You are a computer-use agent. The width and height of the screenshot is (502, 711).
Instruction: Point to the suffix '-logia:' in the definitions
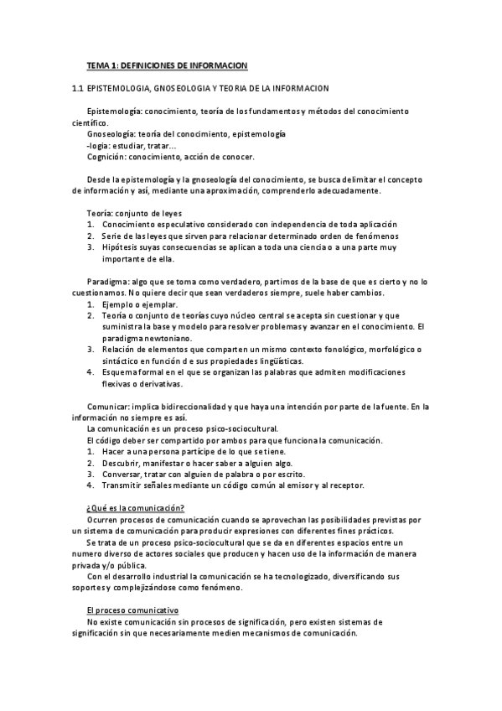tap(99, 144)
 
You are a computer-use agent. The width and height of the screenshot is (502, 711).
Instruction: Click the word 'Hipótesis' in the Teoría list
tap(122, 247)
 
